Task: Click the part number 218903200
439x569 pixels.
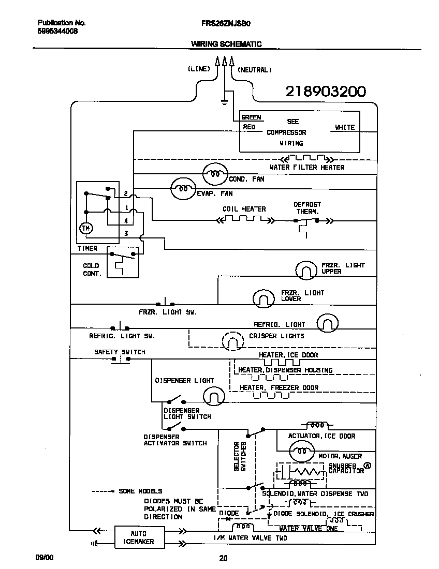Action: pos(326,92)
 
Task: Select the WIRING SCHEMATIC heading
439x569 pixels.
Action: pos(226,44)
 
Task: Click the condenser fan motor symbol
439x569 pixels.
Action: pos(214,174)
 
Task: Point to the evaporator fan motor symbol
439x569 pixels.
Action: pos(183,189)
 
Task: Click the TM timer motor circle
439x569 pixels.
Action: pos(85,228)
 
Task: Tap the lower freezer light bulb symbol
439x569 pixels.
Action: pos(264,297)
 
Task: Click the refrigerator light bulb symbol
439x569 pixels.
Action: pos(327,322)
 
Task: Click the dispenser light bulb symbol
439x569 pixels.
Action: pos(212,397)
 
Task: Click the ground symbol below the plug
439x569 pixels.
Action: pos(224,100)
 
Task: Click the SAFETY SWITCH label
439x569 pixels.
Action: pos(120,352)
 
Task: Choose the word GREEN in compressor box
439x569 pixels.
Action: pos(251,117)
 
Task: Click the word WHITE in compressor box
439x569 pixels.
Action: pos(345,127)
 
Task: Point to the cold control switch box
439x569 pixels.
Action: pos(123,262)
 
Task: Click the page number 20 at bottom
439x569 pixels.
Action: pos(223,558)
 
